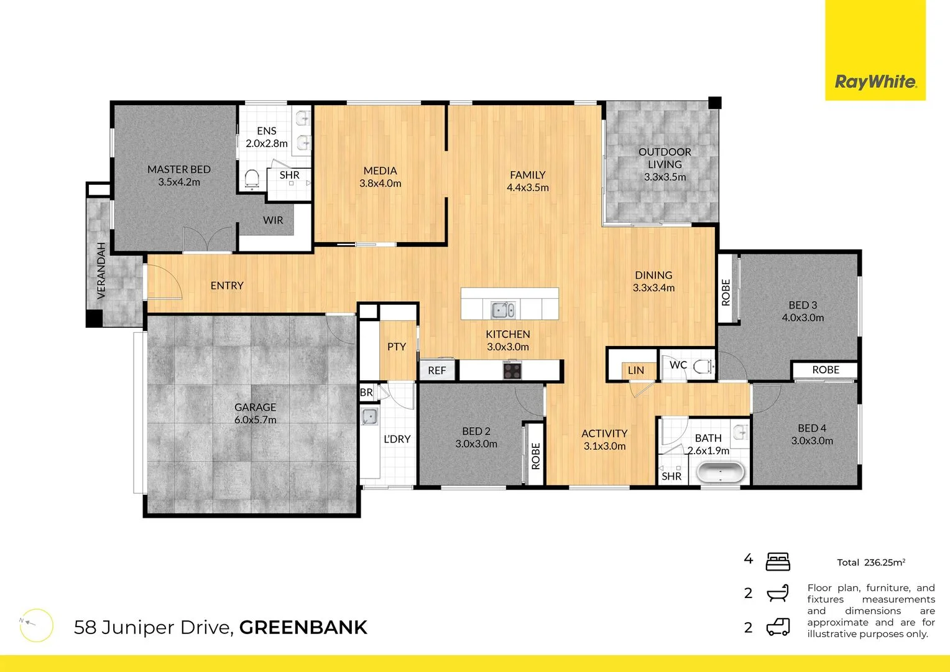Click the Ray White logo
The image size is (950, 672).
click(x=875, y=82)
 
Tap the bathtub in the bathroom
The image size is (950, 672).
click(x=720, y=472)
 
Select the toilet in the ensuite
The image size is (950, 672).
click(x=252, y=179)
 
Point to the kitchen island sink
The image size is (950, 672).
click(x=502, y=309)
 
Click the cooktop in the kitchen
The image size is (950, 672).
click(x=512, y=371)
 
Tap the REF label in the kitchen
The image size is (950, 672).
click(x=437, y=370)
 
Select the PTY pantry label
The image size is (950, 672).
click(x=397, y=347)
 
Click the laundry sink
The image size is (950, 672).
click(x=369, y=416)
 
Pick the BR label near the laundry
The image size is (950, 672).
click(x=366, y=393)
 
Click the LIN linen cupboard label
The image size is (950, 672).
click(x=636, y=370)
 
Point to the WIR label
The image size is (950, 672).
click(x=273, y=220)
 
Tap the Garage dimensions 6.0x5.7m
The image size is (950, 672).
click(x=256, y=420)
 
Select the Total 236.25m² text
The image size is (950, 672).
click(x=870, y=562)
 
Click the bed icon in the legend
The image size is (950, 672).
click(x=778, y=561)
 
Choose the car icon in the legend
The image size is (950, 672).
click(x=778, y=627)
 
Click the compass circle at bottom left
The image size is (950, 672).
click(x=36, y=625)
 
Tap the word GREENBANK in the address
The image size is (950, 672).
click(x=303, y=627)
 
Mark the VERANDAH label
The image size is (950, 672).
click(x=101, y=279)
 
